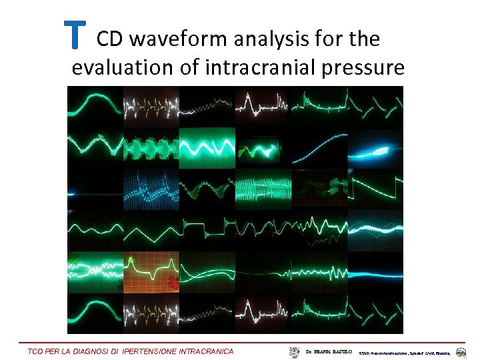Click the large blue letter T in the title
[75, 35]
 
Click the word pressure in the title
[369, 69]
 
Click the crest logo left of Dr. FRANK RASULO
[295, 351]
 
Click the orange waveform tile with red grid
[151, 272]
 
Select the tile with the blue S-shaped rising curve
[319, 147]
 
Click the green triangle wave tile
[151, 231]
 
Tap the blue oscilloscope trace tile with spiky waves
[151, 189]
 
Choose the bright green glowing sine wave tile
[207, 147]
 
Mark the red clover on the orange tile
[173, 283]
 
